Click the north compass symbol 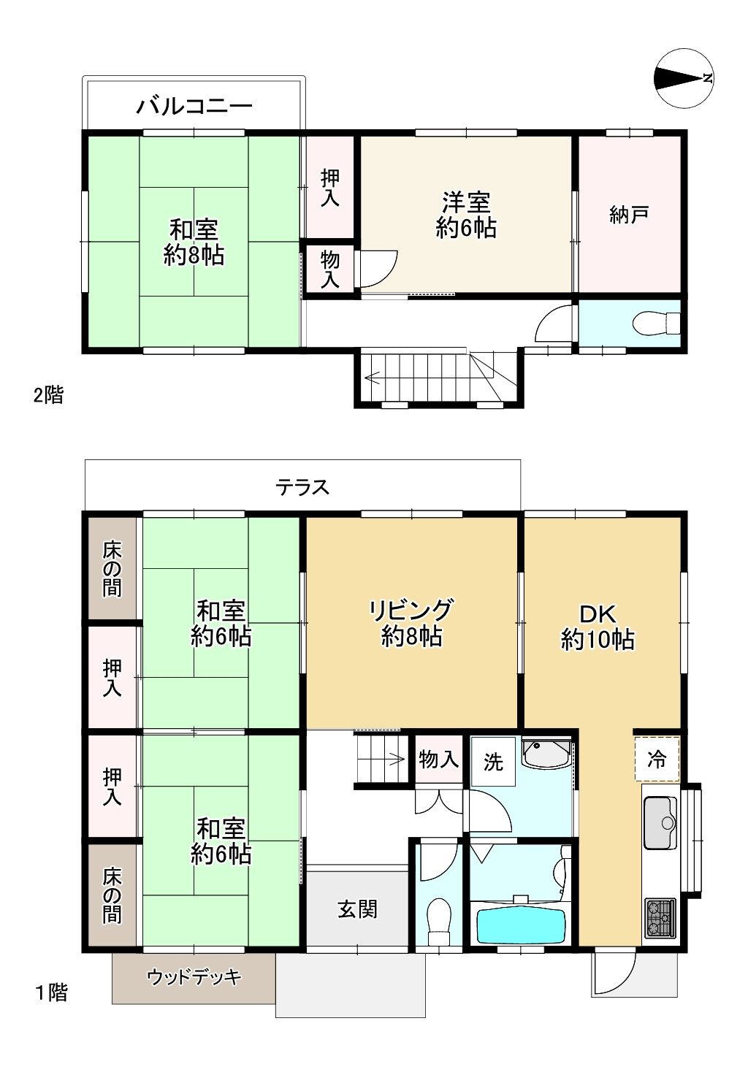pos(684,78)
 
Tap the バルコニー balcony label pos(194,106)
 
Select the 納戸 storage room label pos(630,215)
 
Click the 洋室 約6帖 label pos(466,215)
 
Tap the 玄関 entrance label pos(357,909)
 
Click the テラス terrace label pos(302,487)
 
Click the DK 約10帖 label pos(598,627)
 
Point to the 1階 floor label pos(51,993)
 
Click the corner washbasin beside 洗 pos(546,754)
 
